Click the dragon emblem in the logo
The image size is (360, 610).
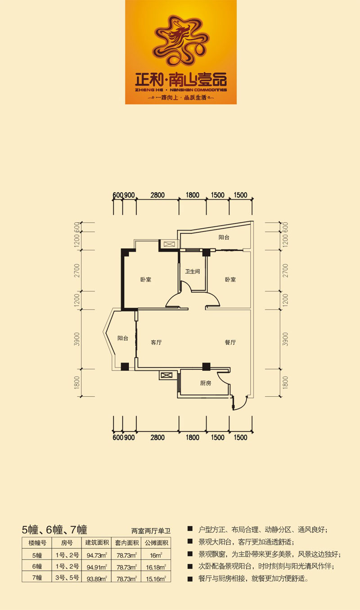[181, 41]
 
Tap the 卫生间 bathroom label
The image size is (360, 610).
[193, 271]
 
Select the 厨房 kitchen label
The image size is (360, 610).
[206, 384]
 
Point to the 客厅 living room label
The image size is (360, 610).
[156, 343]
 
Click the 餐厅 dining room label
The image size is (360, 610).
[230, 343]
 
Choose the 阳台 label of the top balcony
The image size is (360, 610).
[224, 237]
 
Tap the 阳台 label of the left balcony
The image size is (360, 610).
[123, 338]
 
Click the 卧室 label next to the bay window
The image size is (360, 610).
[146, 280]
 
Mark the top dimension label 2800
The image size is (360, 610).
[157, 195]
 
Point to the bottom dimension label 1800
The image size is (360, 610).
[193, 438]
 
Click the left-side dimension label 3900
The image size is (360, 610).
[77, 339]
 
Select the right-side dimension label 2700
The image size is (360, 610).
[285, 271]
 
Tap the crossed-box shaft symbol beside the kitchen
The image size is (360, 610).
[166, 375]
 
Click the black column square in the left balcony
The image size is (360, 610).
[125, 366]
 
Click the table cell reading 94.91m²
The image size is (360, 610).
[97, 568]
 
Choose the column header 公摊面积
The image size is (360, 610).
[156, 543]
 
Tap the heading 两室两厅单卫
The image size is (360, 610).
[151, 531]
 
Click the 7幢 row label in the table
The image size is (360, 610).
[37, 578]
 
